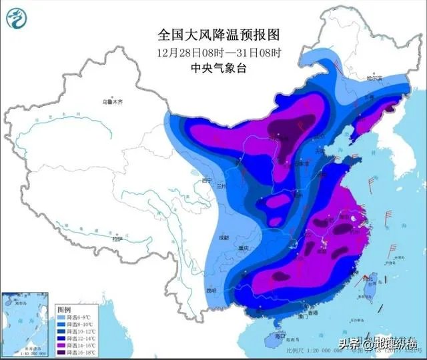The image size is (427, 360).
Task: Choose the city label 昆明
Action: pos(211,291)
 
